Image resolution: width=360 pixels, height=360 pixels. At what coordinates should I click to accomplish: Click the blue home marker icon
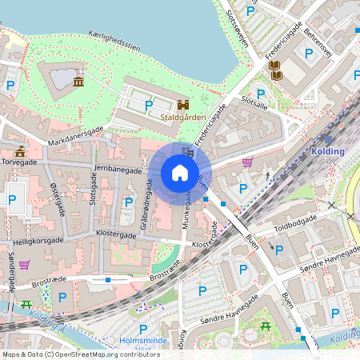179,172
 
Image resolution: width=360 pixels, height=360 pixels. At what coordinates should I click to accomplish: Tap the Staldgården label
183,117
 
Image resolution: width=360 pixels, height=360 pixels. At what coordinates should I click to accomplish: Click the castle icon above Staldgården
183,104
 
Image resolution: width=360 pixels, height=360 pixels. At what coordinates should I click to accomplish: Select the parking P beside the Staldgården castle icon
148,104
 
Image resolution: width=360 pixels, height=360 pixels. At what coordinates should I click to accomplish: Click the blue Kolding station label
328,151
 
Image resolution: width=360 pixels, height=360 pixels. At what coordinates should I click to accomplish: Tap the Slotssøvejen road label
238,33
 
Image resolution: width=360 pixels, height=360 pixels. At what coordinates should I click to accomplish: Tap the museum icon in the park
78,82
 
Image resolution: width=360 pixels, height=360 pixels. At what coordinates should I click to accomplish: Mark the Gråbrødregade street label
148,205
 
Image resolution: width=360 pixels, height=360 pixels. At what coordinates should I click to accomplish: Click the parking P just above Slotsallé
260,94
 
